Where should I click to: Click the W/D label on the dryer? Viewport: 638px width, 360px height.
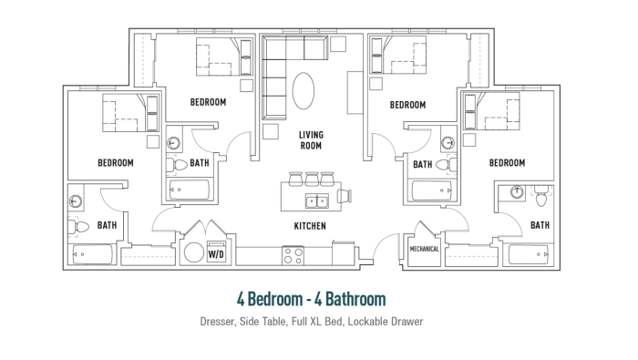pos(216,254)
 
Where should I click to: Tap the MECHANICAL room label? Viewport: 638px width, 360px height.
pos(425,249)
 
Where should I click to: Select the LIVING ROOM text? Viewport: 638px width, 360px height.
pos(311,140)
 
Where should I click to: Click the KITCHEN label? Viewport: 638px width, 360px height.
pos(310,226)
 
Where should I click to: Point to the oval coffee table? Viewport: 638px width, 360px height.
pos(304,91)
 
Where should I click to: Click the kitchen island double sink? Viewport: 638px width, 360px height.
pos(317,201)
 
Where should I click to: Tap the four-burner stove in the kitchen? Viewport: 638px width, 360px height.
pos(293,256)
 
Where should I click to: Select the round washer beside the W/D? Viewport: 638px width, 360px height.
pos(193,252)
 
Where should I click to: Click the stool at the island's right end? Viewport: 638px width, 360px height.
pos(344,197)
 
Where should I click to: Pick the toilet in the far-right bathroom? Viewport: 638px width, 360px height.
pos(541,196)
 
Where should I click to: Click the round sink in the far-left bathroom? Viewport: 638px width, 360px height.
pos(76,201)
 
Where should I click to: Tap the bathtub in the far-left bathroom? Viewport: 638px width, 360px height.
pos(92,254)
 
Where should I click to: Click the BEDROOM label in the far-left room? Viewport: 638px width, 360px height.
pos(116,163)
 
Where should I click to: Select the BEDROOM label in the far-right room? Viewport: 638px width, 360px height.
pos(507,163)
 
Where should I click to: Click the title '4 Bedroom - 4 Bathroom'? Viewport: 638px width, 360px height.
pos(312,299)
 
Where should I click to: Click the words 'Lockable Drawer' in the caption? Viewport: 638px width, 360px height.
pos(386,322)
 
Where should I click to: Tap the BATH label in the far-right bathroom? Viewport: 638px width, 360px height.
pos(540,225)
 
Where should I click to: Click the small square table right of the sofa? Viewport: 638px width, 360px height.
pos(338,44)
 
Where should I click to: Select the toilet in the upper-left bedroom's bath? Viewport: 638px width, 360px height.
pos(176,165)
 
